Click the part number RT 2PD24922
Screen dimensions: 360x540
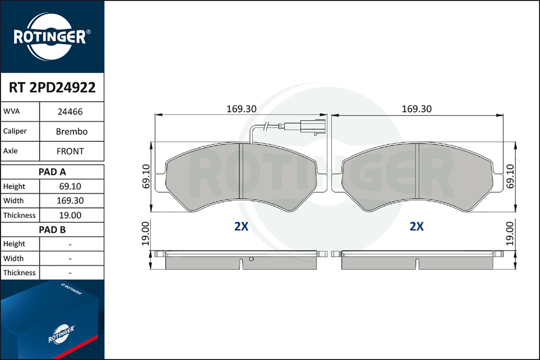coord(52,87)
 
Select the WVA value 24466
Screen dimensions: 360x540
coord(70,112)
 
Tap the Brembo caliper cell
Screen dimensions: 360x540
coord(72,132)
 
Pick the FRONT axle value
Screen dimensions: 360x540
coord(70,152)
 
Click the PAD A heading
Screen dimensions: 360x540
coord(52,172)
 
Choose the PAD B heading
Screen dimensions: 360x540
coord(52,230)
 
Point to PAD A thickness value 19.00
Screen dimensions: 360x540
coord(70,215)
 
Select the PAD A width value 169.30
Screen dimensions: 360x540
coord(70,201)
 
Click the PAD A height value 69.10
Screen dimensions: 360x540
coord(70,186)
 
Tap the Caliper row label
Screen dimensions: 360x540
coord(15,131)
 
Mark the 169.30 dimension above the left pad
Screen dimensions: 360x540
coord(241,109)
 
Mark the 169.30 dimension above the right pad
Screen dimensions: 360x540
coord(417,109)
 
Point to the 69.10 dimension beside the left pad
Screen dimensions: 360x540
coord(146,176)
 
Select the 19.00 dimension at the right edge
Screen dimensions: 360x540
coord(510,234)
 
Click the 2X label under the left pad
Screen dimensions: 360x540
coord(241,226)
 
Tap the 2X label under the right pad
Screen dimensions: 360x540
coord(417,226)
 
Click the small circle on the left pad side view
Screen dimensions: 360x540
coord(251,259)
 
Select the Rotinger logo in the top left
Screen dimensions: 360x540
coord(50,37)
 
